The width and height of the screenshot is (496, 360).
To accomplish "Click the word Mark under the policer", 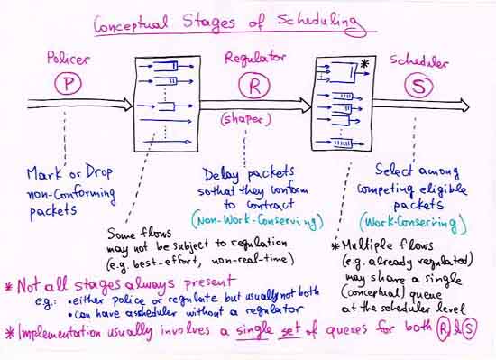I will (41, 172).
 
